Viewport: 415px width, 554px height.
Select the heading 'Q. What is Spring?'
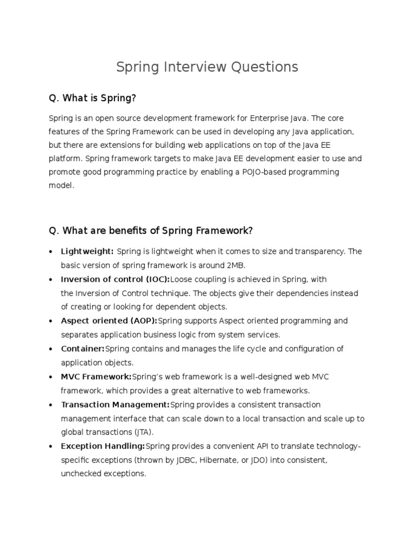92,98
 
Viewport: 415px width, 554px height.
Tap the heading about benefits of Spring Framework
151,231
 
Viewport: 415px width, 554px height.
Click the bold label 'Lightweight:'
87,252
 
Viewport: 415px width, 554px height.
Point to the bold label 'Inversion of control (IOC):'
115,279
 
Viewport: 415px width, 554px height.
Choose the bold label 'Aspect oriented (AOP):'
109,321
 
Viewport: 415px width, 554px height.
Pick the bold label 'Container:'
83,348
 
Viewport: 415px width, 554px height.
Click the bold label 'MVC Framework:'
96,377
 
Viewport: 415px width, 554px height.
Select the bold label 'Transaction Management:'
115,405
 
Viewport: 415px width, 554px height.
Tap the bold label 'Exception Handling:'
103,446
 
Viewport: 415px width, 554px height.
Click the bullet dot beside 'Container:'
50,349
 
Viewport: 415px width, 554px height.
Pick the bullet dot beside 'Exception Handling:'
50,446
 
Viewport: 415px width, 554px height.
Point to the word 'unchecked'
81,473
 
